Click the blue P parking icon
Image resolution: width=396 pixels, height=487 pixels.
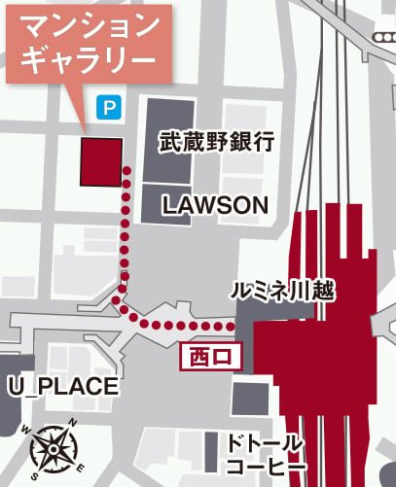(x=106, y=110)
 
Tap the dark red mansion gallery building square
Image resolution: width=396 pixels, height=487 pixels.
(x=101, y=161)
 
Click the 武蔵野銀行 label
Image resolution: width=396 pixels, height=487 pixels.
(x=216, y=143)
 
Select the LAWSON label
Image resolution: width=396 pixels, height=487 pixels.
(x=214, y=204)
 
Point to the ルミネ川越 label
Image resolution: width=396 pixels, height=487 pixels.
(x=282, y=291)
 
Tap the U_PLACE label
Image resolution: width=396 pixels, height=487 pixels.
(x=63, y=386)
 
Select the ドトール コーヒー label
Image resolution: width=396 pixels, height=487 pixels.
(x=265, y=455)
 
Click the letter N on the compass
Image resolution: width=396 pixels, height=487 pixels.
(x=73, y=424)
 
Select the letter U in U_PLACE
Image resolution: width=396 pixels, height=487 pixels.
(x=16, y=386)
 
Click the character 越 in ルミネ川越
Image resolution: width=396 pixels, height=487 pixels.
(x=323, y=291)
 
